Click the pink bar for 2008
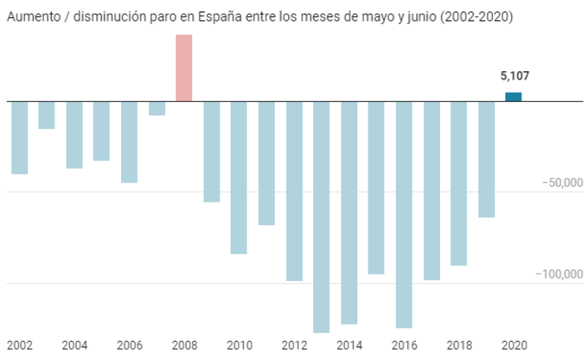(x=183, y=67)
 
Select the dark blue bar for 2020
(x=514, y=97)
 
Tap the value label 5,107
(x=514, y=76)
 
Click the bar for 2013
(x=322, y=216)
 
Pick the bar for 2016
(x=404, y=215)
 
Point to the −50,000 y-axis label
(x=559, y=183)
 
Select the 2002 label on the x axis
(x=19, y=345)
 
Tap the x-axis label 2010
(x=240, y=345)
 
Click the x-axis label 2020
(x=515, y=345)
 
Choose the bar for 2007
(x=157, y=108)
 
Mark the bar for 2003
(x=47, y=115)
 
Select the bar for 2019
(x=486, y=159)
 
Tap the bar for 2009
(x=212, y=151)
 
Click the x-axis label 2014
(x=350, y=345)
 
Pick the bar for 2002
(x=19, y=138)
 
